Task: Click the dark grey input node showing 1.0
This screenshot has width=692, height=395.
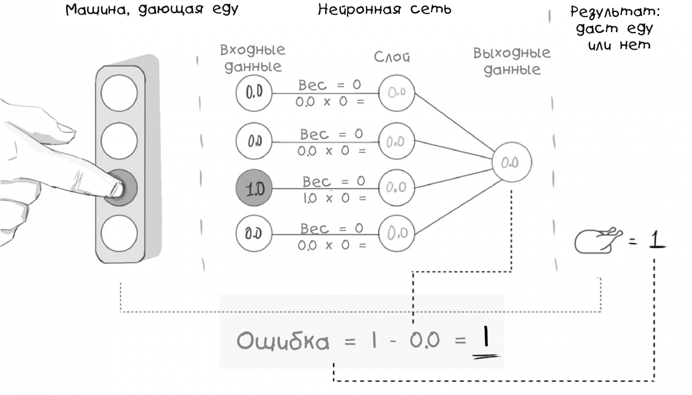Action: point(254,188)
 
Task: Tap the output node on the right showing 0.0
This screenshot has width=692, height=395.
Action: point(511,162)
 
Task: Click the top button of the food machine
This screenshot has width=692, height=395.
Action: point(119,93)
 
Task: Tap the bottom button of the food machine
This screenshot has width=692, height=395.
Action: point(119,233)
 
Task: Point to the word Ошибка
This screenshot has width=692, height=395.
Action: point(283,341)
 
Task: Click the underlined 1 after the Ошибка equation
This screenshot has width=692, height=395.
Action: point(486,339)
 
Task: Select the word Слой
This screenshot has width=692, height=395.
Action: point(392,57)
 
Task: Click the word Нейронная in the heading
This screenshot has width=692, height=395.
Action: point(359,10)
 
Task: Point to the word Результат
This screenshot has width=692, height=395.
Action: point(614,12)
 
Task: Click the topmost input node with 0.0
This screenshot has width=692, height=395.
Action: point(254,93)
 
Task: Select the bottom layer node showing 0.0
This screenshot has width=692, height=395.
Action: point(397,233)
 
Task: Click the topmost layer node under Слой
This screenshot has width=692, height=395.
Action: point(397,93)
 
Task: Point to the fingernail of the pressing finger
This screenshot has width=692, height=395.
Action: point(116,189)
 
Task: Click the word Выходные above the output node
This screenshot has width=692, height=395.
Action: point(511,53)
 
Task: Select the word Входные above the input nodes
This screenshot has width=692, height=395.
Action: point(252,50)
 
